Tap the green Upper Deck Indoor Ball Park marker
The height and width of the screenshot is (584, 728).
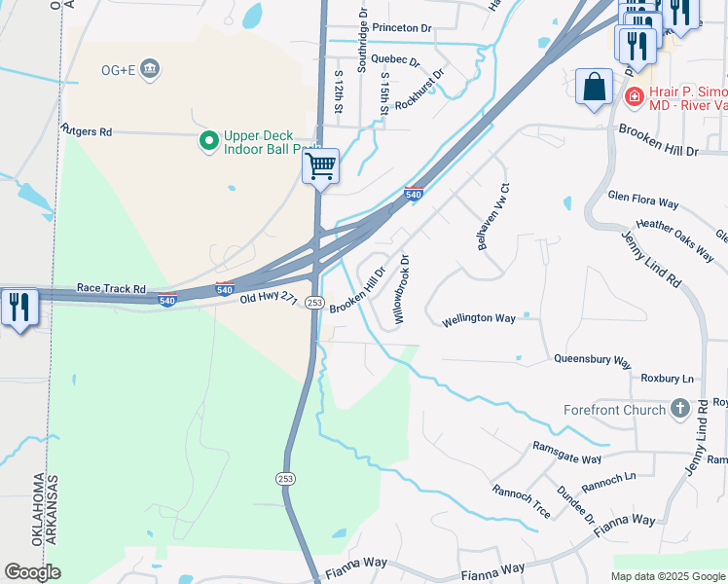[x=208, y=142]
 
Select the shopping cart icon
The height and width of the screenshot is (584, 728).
[x=320, y=166]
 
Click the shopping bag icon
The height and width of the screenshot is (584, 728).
[x=594, y=88]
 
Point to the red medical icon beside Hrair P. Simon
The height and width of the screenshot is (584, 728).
[x=634, y=96]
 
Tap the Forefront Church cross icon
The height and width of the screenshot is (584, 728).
[x=679, y=409]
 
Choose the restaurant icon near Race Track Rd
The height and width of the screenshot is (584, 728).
[x=19, y=308]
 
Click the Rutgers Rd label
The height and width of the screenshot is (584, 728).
[x=87, y=130]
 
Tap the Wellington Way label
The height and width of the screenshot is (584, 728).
[x=478, y=318]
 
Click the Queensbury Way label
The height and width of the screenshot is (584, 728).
[x=592, y=358]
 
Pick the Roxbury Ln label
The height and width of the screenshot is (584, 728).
[x=667, y=378]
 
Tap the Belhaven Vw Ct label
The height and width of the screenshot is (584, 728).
[x=492, y=217]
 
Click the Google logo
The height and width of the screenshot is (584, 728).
[x=32, y=572]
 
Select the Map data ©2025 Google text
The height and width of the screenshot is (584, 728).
[x=668, y=575]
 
